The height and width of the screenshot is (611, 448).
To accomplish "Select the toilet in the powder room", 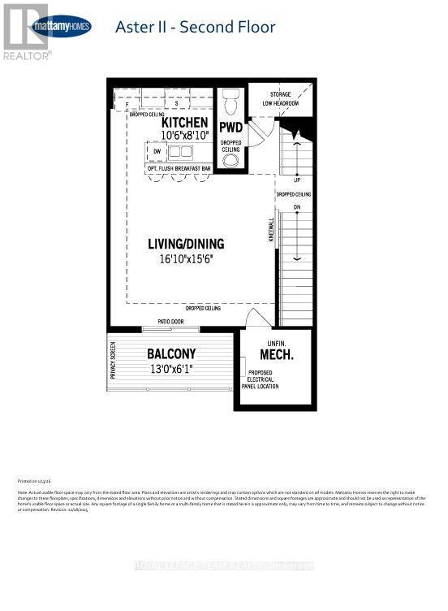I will [230, 103].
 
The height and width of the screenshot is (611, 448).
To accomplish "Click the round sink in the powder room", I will [231, 161].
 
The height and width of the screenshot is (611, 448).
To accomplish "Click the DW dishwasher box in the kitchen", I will [157, 151].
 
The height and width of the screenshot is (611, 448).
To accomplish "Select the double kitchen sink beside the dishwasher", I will [180, 151].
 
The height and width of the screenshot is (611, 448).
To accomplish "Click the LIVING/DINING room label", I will [186, 244].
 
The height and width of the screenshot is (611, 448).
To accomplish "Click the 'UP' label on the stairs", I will [297, 179].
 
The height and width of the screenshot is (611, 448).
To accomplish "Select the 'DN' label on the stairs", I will [297, 207].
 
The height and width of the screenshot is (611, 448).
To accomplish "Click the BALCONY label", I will [171, 354].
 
